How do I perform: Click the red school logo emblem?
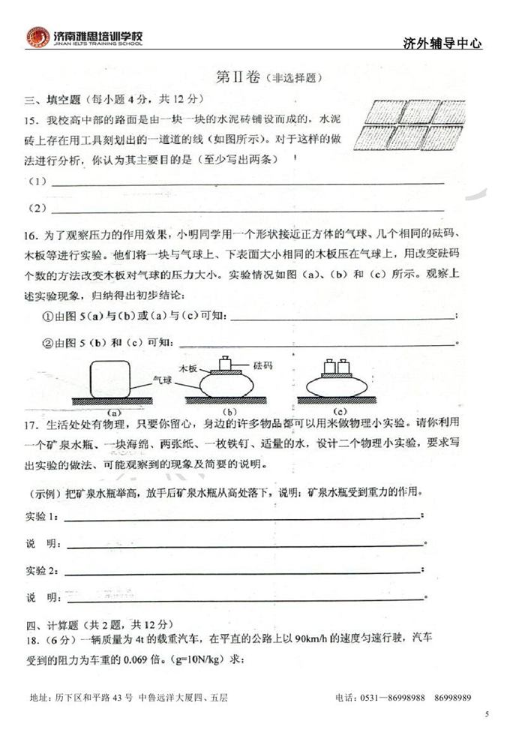coord(38,37)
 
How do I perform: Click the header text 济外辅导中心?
coord(442,44)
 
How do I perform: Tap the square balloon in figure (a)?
coord(109,380)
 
